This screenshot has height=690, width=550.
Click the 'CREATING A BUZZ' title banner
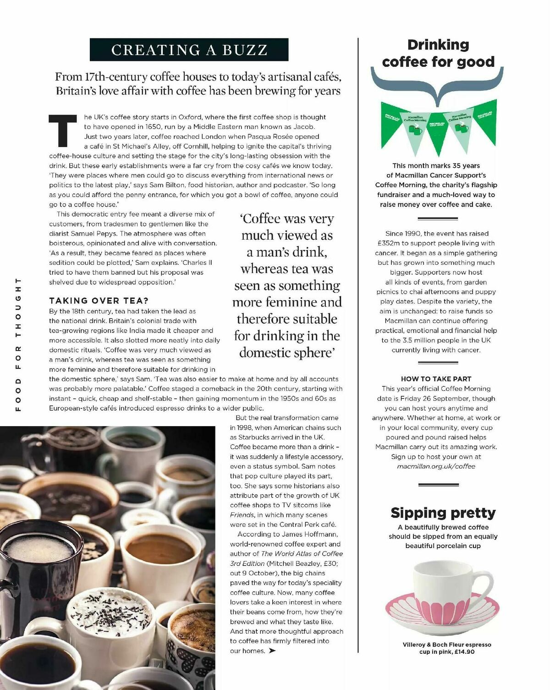189,49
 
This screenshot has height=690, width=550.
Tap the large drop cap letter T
63,130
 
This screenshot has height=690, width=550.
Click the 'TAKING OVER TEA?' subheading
99,301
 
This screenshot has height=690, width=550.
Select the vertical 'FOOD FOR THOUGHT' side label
18,344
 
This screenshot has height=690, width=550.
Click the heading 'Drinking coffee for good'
438,53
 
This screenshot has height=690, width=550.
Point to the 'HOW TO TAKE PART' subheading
436,379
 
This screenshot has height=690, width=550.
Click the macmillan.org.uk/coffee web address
436,466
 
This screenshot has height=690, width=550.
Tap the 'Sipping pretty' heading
443,512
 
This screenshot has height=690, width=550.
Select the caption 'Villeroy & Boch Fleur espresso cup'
446,645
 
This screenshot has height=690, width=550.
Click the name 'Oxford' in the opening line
190,117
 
